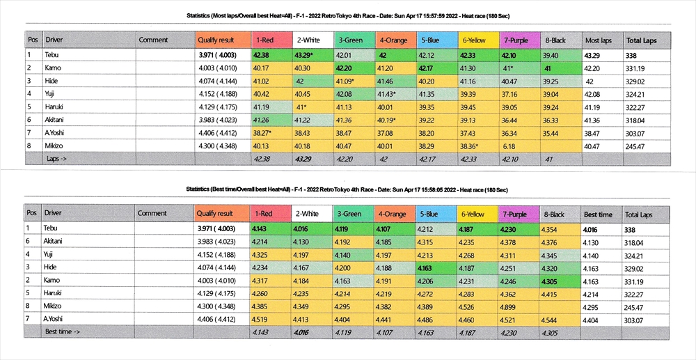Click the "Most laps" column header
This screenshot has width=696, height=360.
(x=598, y=40)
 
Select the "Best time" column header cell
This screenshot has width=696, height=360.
(x=598, y=214)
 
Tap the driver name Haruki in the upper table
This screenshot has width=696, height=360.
(x=55, y=107)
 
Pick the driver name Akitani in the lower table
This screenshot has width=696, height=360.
(x=56, y=241)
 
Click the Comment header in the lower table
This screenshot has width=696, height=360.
(x=152, y=214)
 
